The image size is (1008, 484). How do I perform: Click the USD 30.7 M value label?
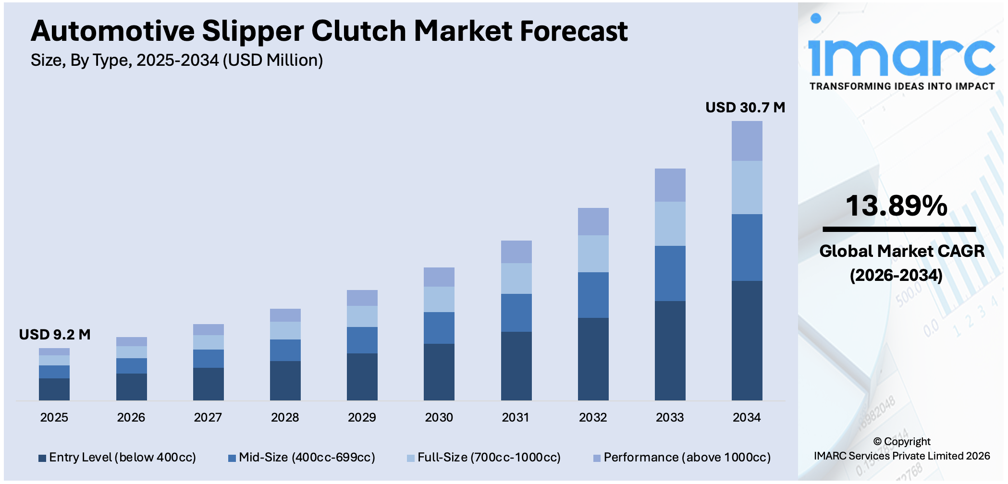point(745,108)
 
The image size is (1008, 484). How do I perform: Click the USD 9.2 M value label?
point(55,335)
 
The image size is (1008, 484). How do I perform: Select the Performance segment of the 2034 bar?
point(747,141)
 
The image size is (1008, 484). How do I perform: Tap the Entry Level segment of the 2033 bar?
point(670,351)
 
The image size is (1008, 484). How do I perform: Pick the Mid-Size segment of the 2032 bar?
point(593,295)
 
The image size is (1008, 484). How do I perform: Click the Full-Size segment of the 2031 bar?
point(516,278)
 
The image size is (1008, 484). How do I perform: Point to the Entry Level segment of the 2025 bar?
point(54,389)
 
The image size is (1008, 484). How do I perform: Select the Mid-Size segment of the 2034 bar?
point(747,248)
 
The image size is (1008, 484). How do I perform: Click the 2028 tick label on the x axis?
point(285,418)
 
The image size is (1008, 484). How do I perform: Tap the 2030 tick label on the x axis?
point(439,418)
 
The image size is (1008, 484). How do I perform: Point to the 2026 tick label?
point(131,418)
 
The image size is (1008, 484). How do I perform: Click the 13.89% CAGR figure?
point(896,206)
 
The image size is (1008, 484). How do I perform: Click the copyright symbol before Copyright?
point(877,442)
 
